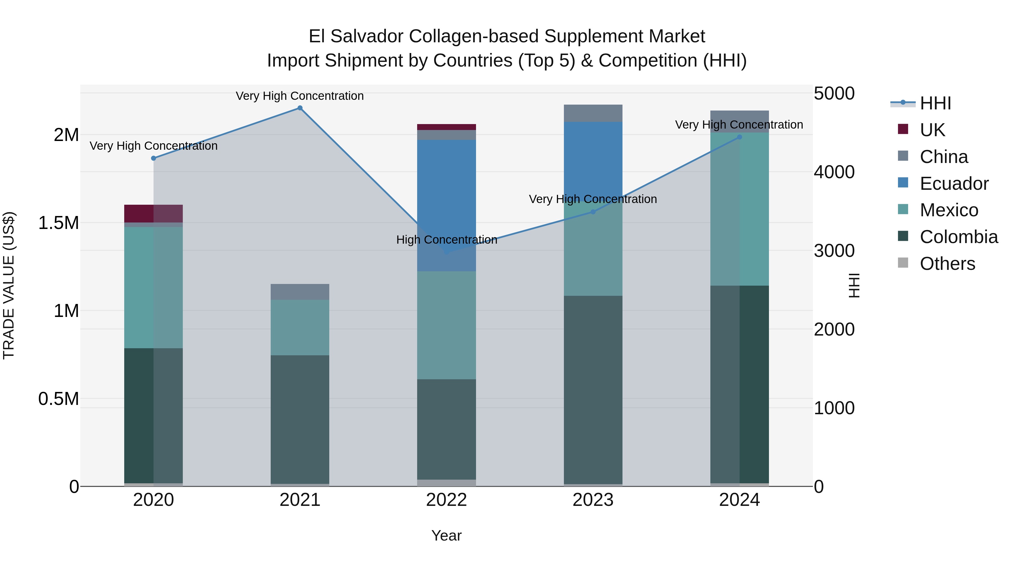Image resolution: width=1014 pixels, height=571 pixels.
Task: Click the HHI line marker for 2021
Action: [x=300, y=108]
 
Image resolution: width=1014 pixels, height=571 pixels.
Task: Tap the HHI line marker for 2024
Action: [x=739, y=137]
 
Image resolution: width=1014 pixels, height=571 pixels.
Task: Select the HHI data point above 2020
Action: [x=154, y=158]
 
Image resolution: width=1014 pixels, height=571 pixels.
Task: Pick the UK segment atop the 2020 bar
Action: [x=154, y=213]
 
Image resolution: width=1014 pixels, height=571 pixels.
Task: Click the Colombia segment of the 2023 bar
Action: [x=593, y=390]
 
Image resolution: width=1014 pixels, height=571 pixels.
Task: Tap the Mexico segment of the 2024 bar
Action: [x=739, y=209]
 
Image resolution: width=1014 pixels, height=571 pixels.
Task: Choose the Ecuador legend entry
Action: [x=954, y=184]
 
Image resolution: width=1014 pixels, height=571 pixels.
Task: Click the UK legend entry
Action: [x=932, y=130]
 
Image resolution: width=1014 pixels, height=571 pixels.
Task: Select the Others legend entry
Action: [x=947, y=264]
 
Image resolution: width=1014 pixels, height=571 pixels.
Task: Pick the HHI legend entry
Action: [x=935, y=103]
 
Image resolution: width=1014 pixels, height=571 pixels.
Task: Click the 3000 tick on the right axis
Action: [x=834, y=251]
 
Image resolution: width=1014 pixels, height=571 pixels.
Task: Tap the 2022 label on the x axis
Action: [x=446, y=500]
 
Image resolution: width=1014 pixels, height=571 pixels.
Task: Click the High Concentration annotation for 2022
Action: [x=446, y=240]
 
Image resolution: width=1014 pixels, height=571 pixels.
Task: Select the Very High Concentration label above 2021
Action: [x=300, y=96]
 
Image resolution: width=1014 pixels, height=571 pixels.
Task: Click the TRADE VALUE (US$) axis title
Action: [x=9, y=285]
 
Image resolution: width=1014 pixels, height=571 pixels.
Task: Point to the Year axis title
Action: [x=446, y=535]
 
